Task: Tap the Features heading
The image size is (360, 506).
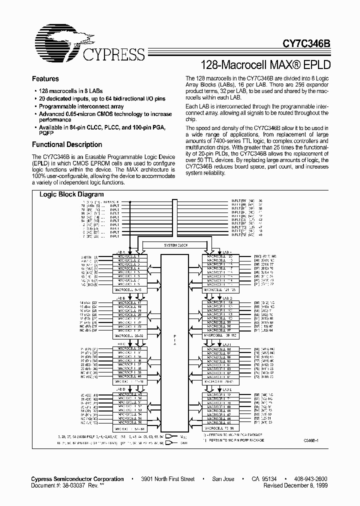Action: coord(45,79)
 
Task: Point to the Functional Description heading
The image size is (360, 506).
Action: coord(67,144)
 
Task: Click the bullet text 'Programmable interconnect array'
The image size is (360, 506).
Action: coord(81,106)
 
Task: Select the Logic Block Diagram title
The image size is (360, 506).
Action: coord(71,194)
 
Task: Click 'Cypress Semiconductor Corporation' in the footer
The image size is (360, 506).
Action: coord(78,478)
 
